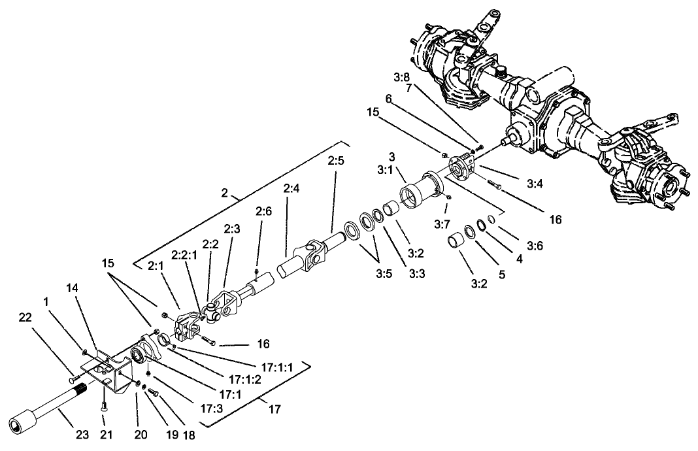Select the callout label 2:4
(x=292, y=190)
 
